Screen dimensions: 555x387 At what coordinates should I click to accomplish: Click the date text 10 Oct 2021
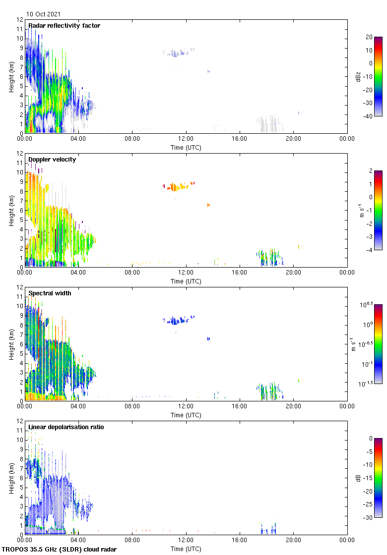44,14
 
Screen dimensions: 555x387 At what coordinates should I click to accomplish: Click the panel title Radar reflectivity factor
64,26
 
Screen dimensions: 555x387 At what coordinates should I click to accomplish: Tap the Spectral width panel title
50,293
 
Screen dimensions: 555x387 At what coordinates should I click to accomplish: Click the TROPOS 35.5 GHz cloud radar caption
60,549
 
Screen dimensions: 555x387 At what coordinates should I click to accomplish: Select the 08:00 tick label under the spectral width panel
132,406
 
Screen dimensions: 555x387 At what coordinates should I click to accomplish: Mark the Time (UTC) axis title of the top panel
186,147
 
